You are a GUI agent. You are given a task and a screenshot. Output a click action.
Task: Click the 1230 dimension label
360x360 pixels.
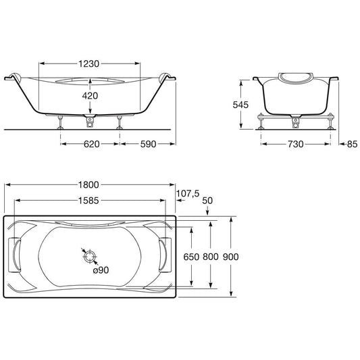coord(89,63)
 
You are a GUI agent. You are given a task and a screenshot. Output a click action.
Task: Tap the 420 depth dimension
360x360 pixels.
coord(90,96)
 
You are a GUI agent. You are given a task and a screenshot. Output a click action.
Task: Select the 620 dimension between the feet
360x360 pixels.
coord(92,144)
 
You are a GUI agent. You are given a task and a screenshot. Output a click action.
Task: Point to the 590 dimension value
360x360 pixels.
coord(148,144)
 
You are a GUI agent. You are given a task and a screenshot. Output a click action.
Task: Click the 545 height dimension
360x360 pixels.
coord(240,105)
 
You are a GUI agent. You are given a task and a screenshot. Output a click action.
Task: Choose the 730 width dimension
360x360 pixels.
coord(296,144)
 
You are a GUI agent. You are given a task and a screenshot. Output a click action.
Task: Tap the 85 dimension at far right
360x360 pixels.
coord(352,144)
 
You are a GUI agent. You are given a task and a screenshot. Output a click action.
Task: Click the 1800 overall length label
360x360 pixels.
coord(88,185)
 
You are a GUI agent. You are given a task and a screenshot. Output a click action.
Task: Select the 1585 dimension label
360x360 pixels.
coord(88,201)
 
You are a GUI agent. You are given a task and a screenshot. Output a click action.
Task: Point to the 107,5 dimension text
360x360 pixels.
coord(188,194)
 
